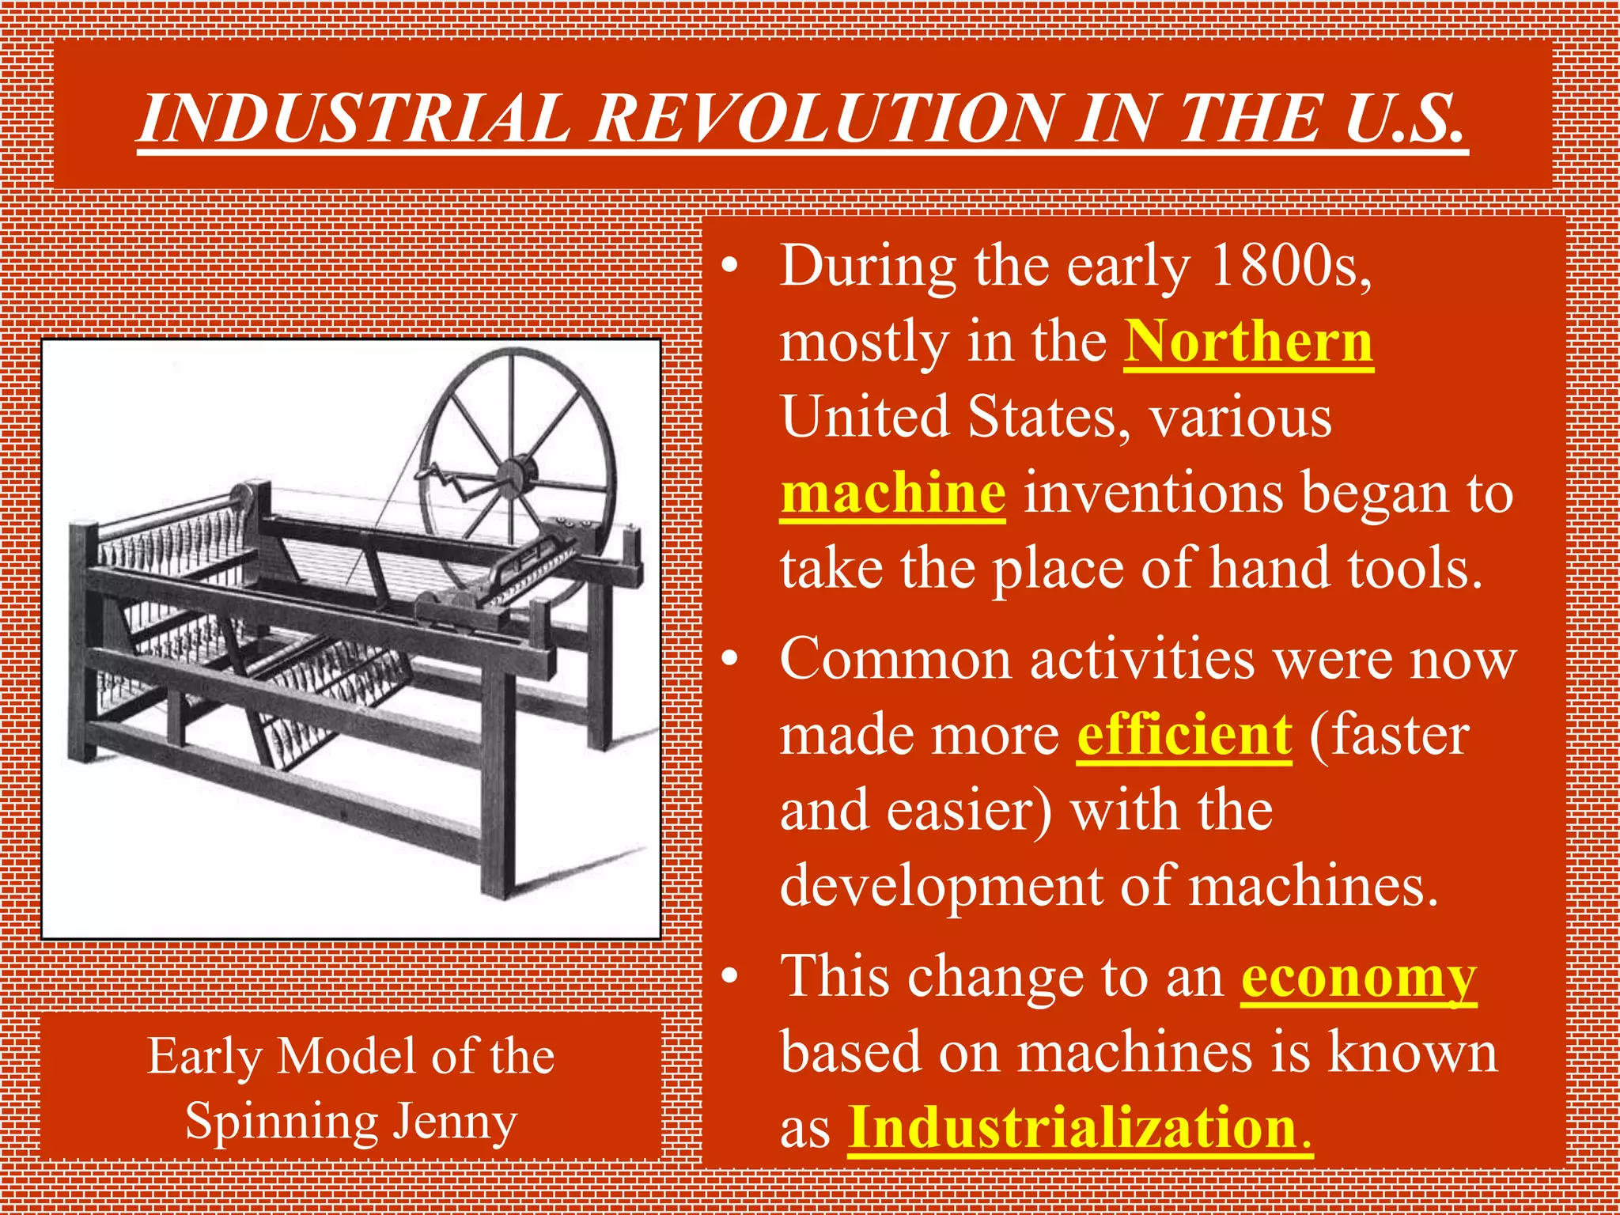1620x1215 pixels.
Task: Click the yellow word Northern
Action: click(x=1248, y=342)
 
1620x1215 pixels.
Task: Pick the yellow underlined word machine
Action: click(x=893, y=493)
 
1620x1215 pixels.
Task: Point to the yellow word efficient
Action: click(x=1184, y=735)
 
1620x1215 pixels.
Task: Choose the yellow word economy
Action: click(x=1358, y=978)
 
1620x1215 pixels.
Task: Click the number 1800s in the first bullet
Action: click(x=1290, y=265)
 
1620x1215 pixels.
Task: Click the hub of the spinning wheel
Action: click(x=515, y=474)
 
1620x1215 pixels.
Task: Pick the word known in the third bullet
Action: click(x=1413, y=1053)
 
